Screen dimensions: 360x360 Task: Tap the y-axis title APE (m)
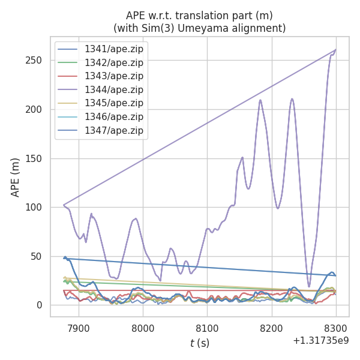16,177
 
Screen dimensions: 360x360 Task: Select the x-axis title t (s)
200,343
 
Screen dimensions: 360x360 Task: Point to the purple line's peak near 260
335,50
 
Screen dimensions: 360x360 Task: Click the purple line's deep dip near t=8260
309,286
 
